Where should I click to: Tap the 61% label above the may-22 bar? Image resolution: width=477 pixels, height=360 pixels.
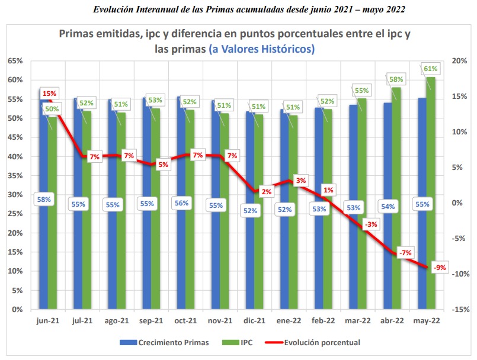pos(431,69)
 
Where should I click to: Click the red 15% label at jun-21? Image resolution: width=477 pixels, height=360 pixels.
pos(50,94)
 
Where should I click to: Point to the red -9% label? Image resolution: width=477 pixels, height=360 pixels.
pos(440,268)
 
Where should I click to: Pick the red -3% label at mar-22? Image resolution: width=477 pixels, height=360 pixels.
pos(372,224)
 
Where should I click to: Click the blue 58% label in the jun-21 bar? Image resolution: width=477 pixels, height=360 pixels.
pos(44,200)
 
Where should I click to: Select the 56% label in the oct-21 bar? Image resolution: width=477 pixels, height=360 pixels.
pos(182,203)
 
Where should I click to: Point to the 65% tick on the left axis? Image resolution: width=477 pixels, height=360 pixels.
pos(15,61)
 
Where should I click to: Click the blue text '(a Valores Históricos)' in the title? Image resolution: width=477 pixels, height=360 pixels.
pos(261,49)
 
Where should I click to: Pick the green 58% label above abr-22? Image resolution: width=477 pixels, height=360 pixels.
pos(396,79)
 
